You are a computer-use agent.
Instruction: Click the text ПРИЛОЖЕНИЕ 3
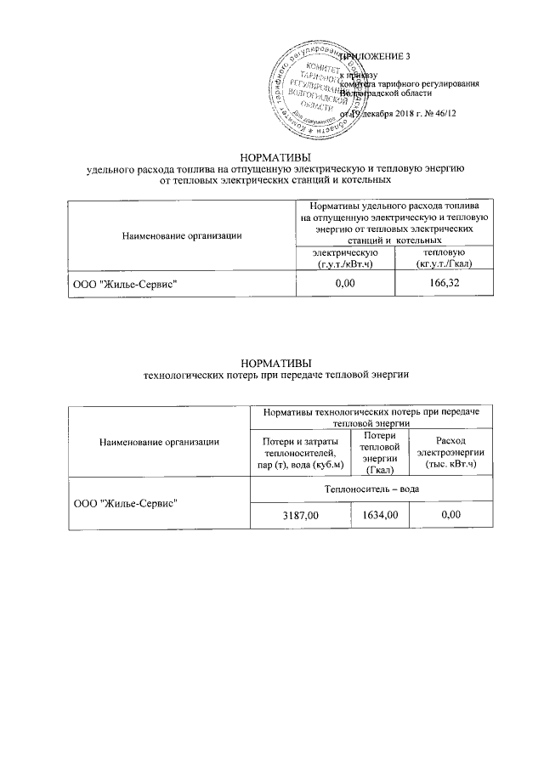click(374, 56)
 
